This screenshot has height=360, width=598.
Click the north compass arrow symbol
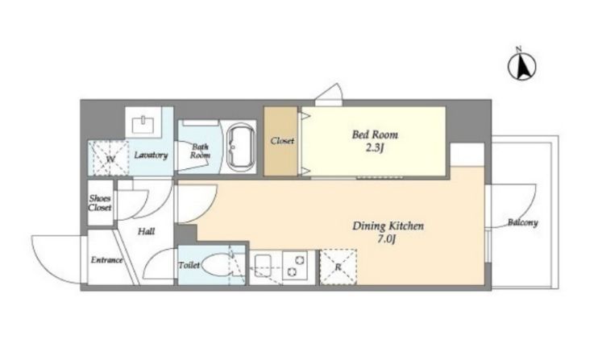click(x=521, y=65)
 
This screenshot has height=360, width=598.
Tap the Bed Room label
click(x=375, y=134)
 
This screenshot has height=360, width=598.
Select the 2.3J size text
click(x=374, y=148)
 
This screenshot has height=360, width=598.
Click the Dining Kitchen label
click(x=388, y=226)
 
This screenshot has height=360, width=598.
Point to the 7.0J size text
click(x=388, y=240)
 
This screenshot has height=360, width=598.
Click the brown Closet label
click(x=282, y=141)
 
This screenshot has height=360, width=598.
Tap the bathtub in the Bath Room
click(x=241, y=147)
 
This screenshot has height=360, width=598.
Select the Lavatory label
click(x=151, y=155)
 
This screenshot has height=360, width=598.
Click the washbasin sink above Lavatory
click(x=143, y=124)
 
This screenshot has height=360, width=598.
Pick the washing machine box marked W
click(x=110, y=158)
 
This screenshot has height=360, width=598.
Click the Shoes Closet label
click(x=100, y=203)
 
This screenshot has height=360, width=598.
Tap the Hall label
click(x=146, y=231)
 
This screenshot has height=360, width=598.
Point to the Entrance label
click(x=106, y=260)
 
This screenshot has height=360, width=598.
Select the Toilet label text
click(x=189, y=265)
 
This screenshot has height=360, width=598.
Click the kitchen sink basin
click(x=263, y=263)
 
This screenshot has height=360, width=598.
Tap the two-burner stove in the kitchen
click(x=295, y=266)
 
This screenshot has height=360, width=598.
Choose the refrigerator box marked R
click(x=338, y=267)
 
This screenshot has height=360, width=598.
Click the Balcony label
click(x=522, y=222)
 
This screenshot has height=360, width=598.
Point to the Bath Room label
click(x=200, y=151)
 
